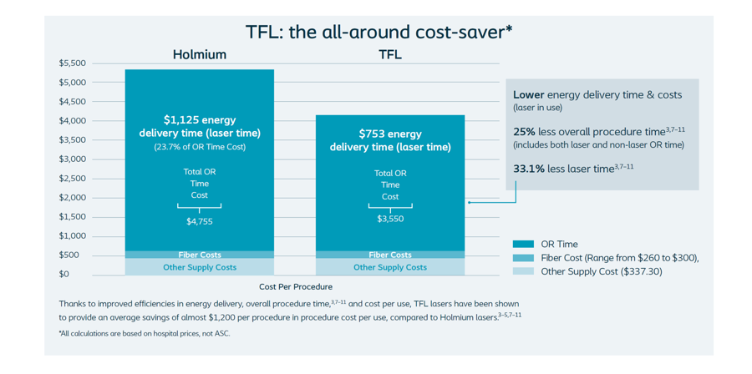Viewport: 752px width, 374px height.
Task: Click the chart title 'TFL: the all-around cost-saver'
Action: click(x=379, y=33)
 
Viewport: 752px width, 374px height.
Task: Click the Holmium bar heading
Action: click(x=199, y=55)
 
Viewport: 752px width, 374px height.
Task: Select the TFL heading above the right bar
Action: click(x=389, y=55)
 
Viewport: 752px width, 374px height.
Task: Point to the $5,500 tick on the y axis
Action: click(x=72, y=63)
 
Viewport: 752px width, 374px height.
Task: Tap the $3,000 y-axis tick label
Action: click(x=72, y=159)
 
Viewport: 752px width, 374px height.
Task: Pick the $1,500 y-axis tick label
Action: click(x=72, y=217)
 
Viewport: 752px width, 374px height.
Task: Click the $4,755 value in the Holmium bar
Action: click(x=199, y=222)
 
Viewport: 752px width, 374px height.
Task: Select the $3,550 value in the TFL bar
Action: click(x=389, y=219)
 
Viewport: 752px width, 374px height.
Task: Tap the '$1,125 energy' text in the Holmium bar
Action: click(x=199, y=119)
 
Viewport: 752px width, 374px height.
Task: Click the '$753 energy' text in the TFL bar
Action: click(x=389, y=134)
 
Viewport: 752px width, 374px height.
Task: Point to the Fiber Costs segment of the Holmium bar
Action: click(x=199, y=255)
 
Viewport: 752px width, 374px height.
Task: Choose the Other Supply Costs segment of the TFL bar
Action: click(x=389, y=267)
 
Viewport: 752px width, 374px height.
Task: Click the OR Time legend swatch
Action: click(x=522, y=244)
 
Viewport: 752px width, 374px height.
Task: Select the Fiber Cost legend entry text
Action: click(x=619, y=258)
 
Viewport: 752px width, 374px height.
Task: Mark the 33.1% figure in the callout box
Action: click(x=528, y=169)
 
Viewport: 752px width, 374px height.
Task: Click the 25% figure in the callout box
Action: click(x=523, y=132)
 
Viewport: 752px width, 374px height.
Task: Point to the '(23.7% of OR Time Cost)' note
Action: click(x=199, y=147)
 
